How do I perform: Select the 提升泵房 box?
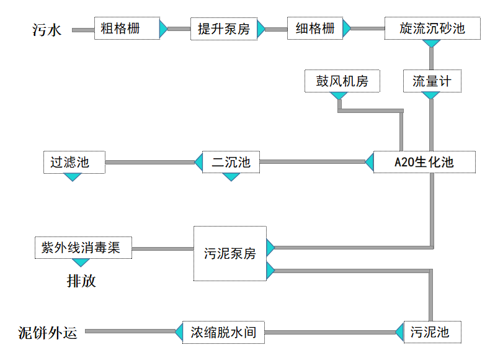click(x=224, y=29)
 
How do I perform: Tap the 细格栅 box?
click(x=315, y=29)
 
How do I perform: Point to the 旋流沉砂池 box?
click(x=432, y=29)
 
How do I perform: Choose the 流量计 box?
click(x=432, y=81)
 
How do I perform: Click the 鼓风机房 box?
click(x=342, y=81)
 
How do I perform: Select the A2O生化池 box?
click(x=424, y=163)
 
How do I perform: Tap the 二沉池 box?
click(x=231, y=163)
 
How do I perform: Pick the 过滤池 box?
click(x=73, y=163)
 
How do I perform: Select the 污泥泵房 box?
click(x=230, y=253)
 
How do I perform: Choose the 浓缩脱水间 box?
click(x=224, y=332)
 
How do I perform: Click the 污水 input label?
click(x=47, y=29)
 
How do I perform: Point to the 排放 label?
click(x=81, y=281)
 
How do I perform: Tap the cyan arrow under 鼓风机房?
click(x=339, y=96)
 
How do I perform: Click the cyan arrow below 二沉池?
click(x=231, y=177)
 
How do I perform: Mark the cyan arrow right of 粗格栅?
click(x=163, y=29)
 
